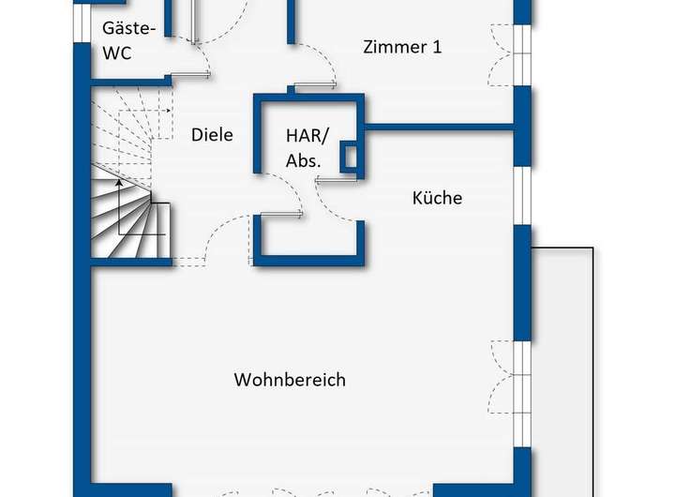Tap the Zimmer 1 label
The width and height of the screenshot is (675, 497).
coord(402,47)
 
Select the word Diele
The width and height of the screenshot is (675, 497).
coord(212,135)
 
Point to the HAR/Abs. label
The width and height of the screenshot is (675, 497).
coord(304,147)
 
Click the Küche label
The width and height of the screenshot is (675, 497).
coord(437,198)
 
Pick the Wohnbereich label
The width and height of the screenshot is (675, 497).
coord(290,380)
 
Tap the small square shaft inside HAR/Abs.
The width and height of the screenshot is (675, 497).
coord(348,158)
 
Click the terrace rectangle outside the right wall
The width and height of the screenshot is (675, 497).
coord(562,366)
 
